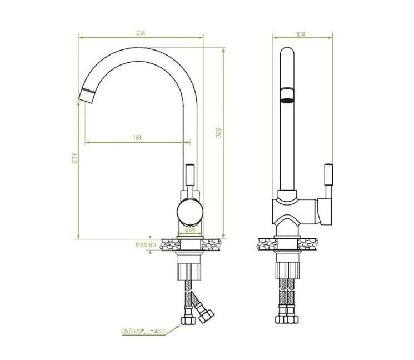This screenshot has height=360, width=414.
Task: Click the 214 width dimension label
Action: tap(141, 33)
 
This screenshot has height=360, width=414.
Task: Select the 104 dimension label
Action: tap(301, 34)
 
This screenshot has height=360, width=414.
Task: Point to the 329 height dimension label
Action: tap(218, 133)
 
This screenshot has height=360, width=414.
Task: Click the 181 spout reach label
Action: tap(137, 137)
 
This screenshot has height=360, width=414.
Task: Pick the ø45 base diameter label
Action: tap(190, 230)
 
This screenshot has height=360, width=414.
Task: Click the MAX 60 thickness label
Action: tap(146, 244)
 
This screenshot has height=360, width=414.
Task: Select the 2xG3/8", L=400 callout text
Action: tap(143, 331)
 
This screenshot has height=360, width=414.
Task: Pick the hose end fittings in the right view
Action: tap(287, 318)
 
